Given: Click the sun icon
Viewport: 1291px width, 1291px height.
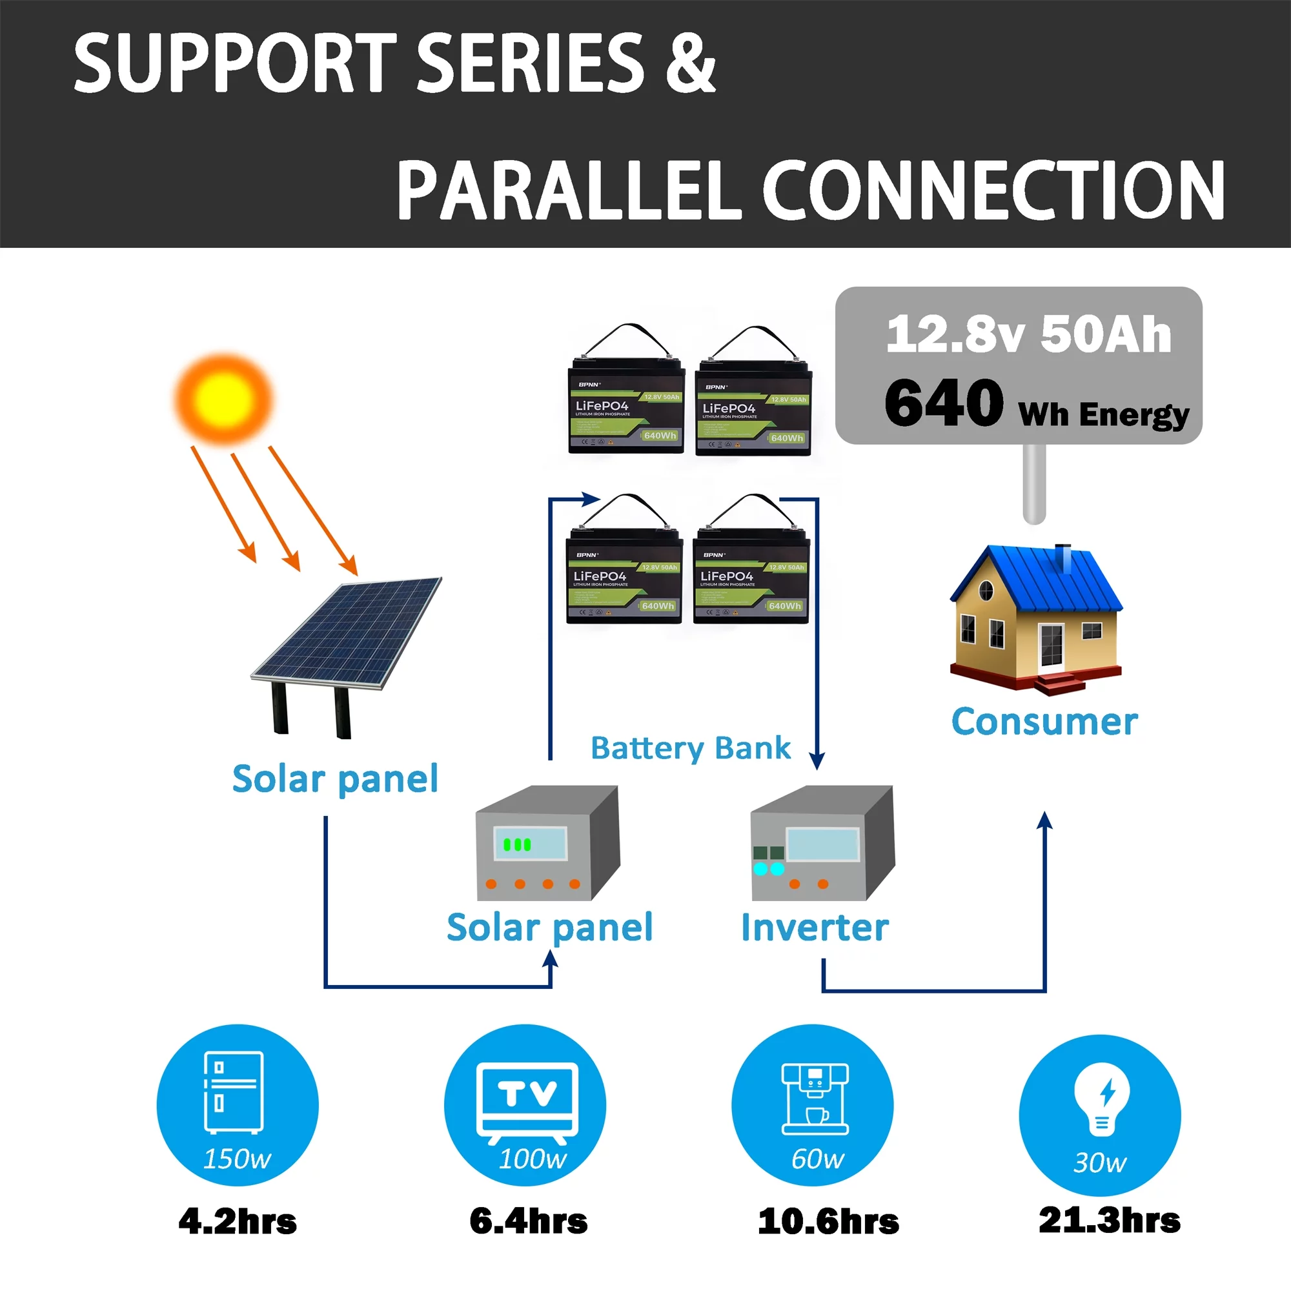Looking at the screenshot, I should coord(223,399).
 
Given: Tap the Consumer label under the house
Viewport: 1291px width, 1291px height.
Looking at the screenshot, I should coord(1044,722).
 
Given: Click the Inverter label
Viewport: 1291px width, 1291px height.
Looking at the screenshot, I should coord(815,928).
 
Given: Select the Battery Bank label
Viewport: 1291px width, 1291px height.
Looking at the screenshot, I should coord(690,747).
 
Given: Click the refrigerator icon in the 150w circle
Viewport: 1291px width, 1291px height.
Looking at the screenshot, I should coord(233,1092).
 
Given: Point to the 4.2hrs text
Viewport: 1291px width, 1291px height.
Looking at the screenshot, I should coord(237,1221).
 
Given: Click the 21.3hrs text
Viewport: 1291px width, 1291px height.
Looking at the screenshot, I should coord(1108,1220).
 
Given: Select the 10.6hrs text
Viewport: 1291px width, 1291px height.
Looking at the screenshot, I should coord(828,1221).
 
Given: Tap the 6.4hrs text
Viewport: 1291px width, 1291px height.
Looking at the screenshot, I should coord(528,1221).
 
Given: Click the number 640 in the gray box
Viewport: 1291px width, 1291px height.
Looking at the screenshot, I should coord(943,402).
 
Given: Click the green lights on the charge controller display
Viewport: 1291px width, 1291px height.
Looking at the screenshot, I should coord(516,844).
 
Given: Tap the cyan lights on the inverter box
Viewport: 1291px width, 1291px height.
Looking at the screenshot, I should coord(768,869).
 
